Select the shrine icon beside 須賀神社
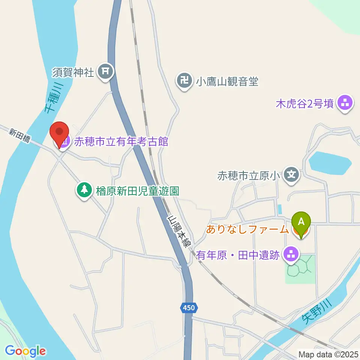(x=106, y=71)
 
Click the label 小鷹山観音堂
(x=228, y=81)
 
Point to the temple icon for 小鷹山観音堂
(x=184, y=81)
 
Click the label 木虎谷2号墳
(x=304, y=103)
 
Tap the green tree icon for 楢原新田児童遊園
(x=84, y=190)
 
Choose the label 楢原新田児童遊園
(x=137, y=191)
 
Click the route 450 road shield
(x=189, y=308)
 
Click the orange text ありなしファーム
(x=247, y=229)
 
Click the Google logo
(x=25, y=351)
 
